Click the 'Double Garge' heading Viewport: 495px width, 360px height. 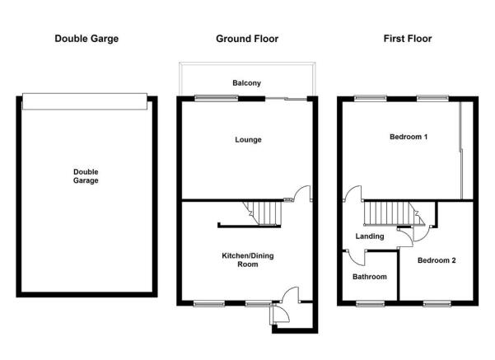[86, 39]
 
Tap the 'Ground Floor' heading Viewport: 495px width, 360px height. [247, 39]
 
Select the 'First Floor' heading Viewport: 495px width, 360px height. [408, 39]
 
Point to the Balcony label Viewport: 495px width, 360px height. [246, 83]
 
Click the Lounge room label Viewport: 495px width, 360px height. [248, 140]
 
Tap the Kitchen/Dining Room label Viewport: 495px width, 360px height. [248, 259]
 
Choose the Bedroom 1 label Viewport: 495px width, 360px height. [409, 137]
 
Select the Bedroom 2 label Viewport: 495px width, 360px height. [437, 260]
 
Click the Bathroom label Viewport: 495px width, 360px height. [370, 277]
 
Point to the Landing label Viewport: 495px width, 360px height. [370, 236]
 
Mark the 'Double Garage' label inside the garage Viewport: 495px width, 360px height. [86, 176]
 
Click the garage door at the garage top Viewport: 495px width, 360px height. [85, 101]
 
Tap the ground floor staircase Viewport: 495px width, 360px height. [262, 214]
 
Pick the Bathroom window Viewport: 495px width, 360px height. [371, 304]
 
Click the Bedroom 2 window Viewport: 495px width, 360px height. [437, 304]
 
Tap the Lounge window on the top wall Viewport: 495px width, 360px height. [217, 98]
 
